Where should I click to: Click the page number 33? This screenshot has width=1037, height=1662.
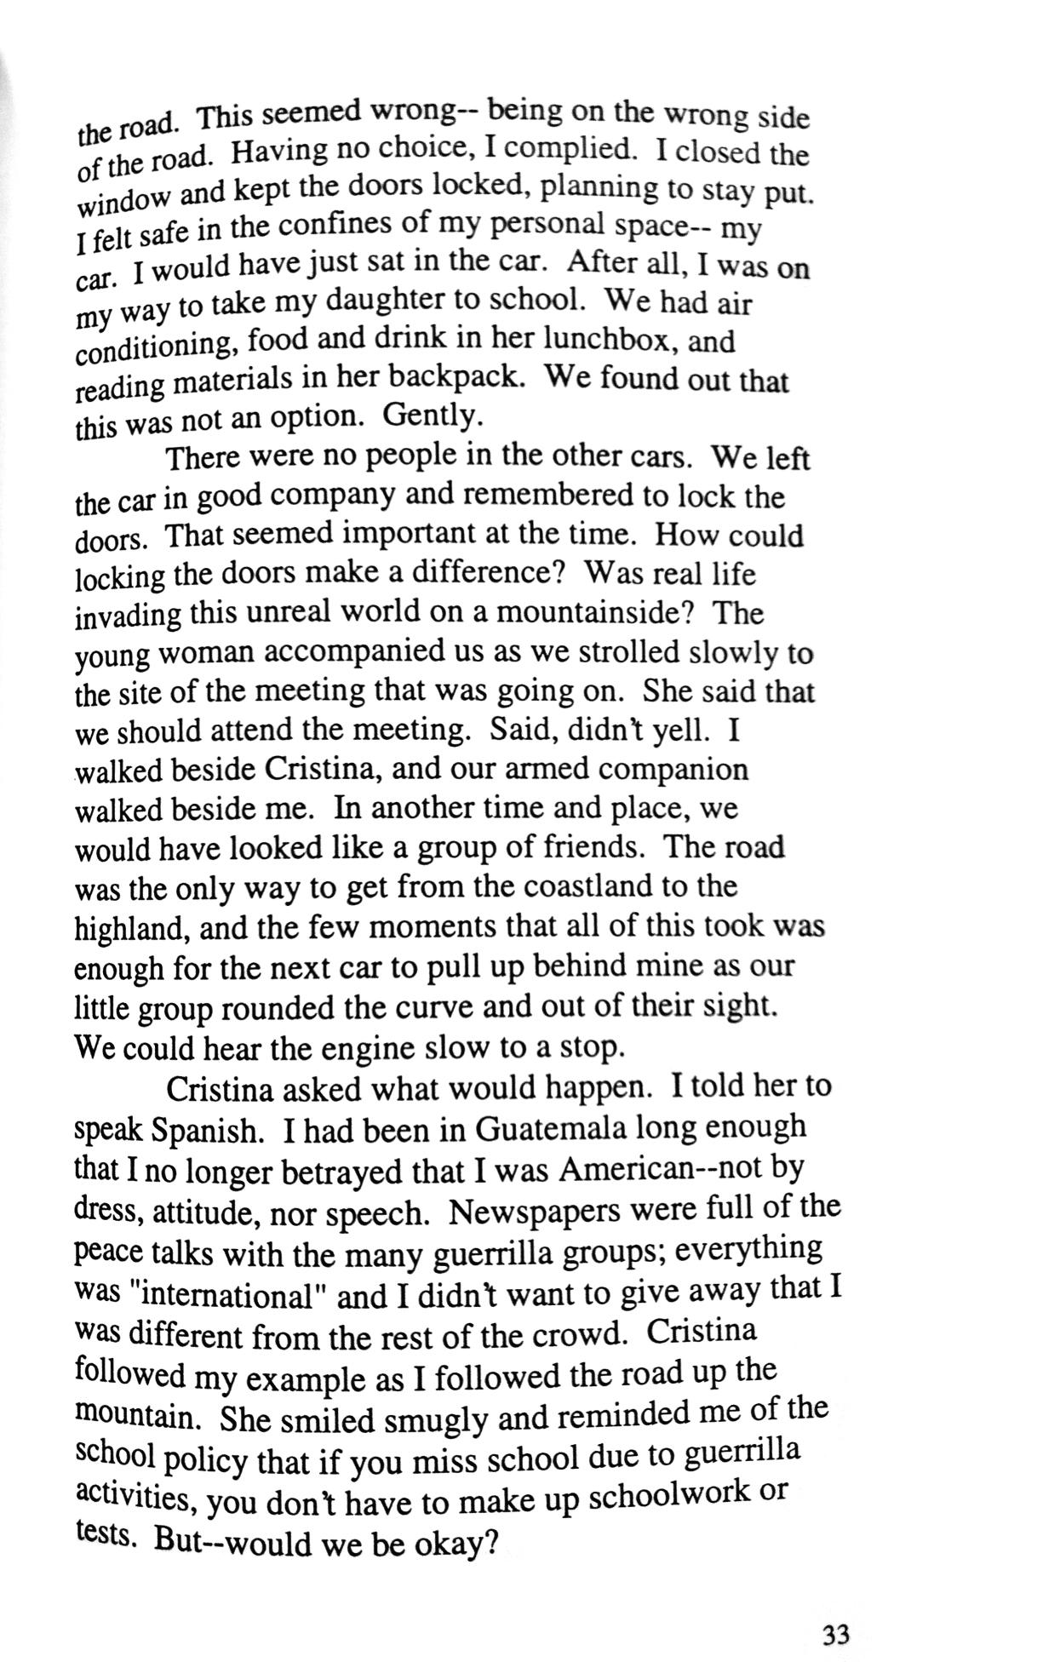(836, 1634)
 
